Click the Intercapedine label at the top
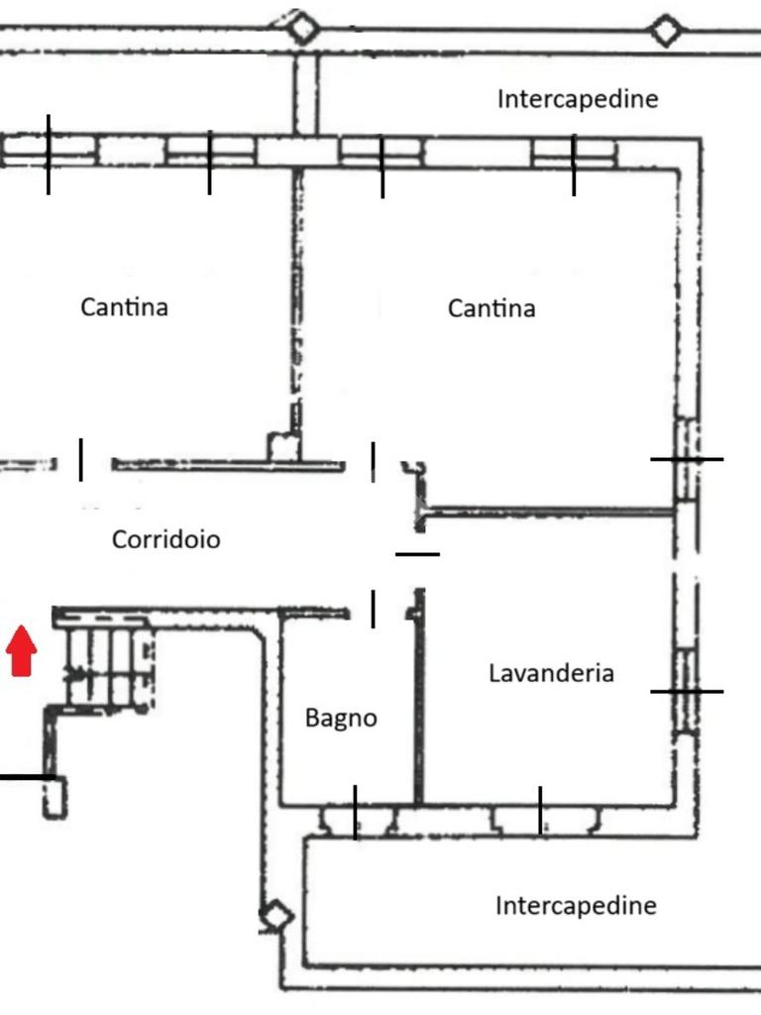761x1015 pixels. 577,99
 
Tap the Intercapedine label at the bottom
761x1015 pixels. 575,905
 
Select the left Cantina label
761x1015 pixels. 124,306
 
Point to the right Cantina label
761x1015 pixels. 491,307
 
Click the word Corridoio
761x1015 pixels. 165,539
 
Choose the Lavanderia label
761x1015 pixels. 551,673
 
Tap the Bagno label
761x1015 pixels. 341,718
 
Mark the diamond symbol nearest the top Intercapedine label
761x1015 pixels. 666,31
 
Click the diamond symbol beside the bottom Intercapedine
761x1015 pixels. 275,917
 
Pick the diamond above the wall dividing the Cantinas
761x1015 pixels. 302,27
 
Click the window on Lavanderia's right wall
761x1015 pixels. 685,691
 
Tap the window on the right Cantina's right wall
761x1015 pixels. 686,459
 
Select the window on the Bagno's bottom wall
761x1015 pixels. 356,820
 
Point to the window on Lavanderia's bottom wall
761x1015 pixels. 541,819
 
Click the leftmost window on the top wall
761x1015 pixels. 48,151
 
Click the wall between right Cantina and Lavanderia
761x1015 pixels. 550,512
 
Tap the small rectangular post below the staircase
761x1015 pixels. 54,797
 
